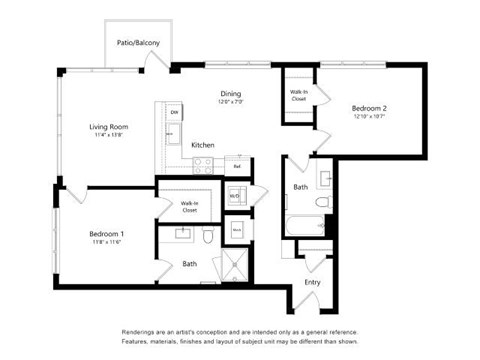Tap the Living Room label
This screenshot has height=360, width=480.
[x=109, y=127]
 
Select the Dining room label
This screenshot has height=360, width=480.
[x=232, y=94]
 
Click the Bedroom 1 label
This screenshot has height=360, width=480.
[x=105, y=233]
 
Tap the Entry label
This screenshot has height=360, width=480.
[x=312, y=282]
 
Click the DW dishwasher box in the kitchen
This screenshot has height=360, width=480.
[x=174, y=112]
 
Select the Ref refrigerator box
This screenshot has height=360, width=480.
[x=237, y=165]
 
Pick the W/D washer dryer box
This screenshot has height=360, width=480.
[x=234, y=196]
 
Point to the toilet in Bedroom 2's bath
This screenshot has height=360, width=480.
[x=322, y=202]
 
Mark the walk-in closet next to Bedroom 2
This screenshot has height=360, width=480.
[x=298, y=98]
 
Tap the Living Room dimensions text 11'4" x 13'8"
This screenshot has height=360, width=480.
[x=109, y=136]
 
